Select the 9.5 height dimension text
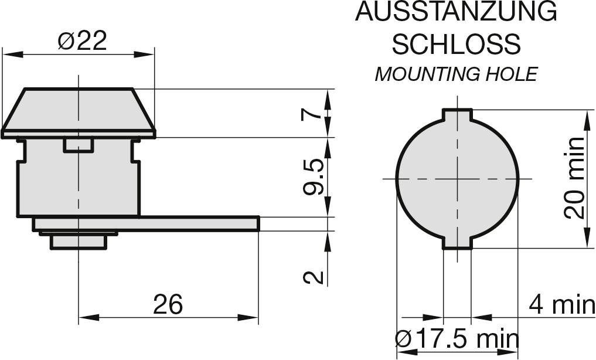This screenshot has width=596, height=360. tap(313, 176)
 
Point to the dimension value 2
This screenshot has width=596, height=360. tap(313, 277)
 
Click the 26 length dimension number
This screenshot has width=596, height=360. tap(168, 304)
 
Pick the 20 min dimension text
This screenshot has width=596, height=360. tap(574, 178)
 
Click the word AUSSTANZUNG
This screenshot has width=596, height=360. tap(456, 12)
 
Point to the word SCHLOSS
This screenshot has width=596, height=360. tap(456, 44)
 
